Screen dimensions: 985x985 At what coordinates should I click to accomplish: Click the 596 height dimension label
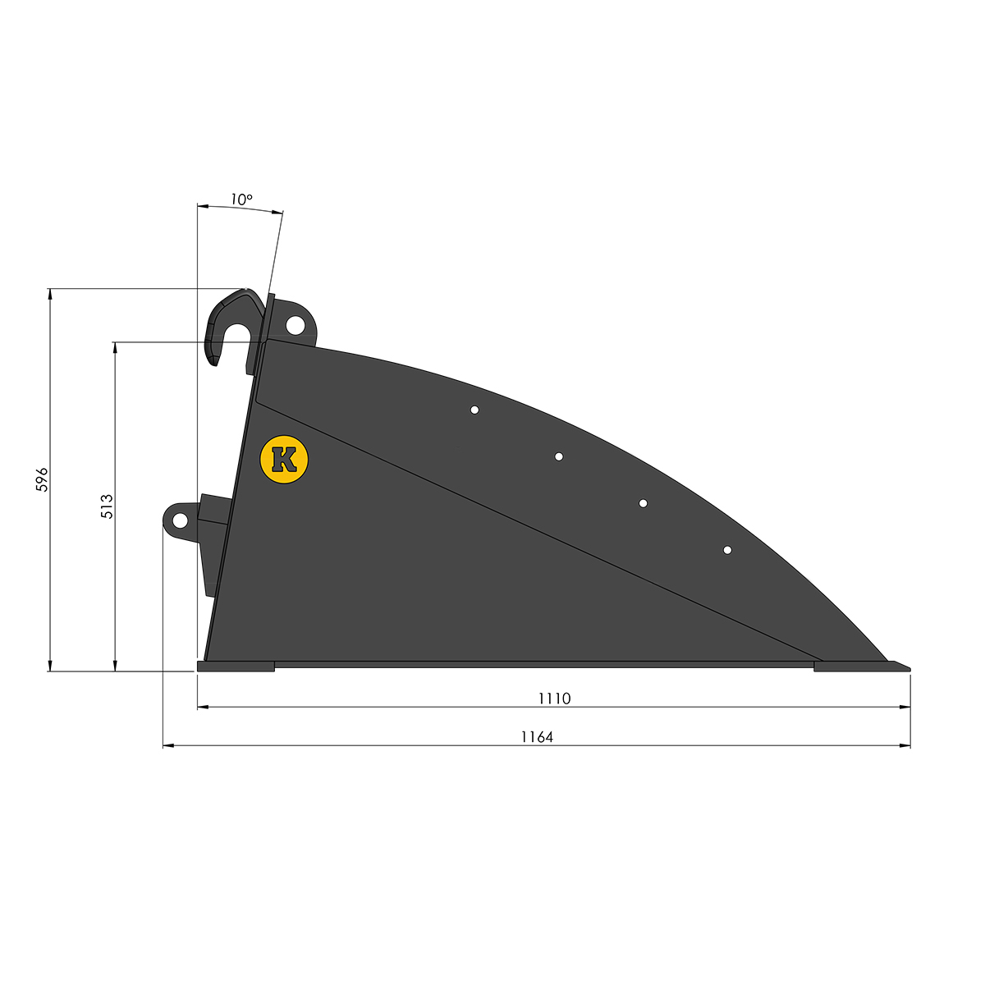pyautogui.click(x=43, y=479)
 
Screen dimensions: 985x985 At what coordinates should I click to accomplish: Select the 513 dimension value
pyautogui.click(x=107, y=506)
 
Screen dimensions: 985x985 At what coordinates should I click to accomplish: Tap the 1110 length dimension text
pyautogui.click(x=554, y=699)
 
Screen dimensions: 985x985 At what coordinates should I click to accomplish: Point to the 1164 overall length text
pyautogui.click(x=537, y=737)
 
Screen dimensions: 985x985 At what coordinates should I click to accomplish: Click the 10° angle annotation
pyautogui.click(x=241, y=199)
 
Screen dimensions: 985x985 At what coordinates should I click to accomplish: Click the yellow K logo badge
pyautogui.click(x=284, y=459)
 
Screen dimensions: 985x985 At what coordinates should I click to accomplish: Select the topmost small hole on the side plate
pyautogui.click(x=474, y=410)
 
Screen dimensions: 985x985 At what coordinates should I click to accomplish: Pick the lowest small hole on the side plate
pyautogui.click(x=727, y=550)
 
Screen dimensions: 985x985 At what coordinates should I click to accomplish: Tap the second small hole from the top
pyautogui.click(x=559, y=456)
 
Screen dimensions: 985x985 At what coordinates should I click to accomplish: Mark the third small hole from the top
pyautogui.click(x=643, y=503)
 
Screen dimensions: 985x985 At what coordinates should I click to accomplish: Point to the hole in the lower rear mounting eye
pyautogui.click(x=178, y=520)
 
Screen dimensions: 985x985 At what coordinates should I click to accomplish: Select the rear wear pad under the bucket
pyautogui.click(x=236, y=667)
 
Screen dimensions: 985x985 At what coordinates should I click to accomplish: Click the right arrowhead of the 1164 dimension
pyautogui.click(x=905, y=745)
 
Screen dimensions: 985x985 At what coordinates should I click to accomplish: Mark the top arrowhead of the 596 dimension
pyautogui.click(x=50, y=294)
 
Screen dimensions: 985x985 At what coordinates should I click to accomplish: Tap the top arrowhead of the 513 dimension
pyautogui.click(x=115, y=347)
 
